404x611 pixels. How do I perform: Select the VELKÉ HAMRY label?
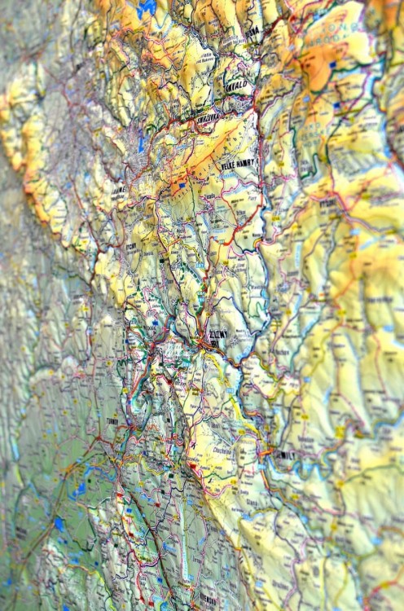[x=239, y=165]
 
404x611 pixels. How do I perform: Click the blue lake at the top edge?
[x=147, y=8]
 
